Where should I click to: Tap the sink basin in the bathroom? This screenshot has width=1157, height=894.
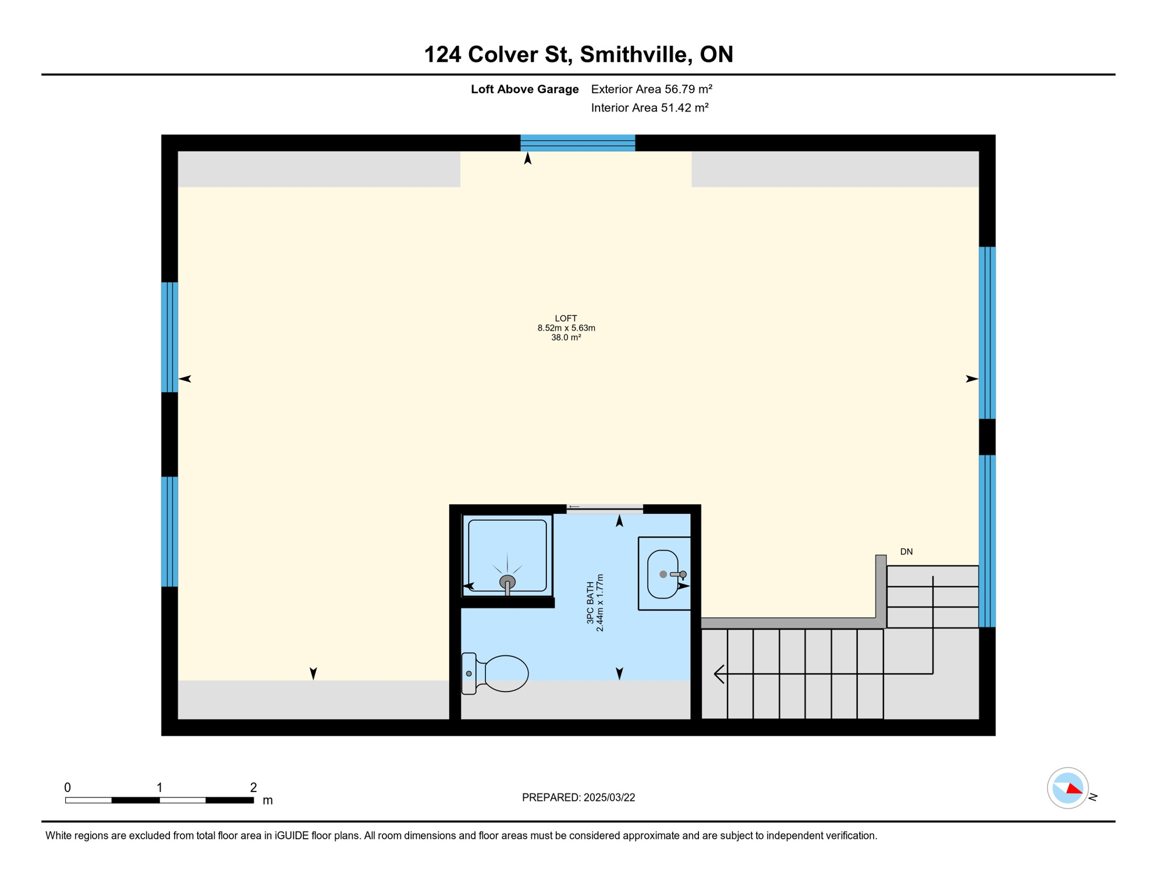click(663, 574)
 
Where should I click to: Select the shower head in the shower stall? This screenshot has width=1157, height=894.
click(507, 581)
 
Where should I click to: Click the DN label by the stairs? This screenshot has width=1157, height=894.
click(906, 552)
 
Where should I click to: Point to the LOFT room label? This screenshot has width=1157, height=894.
click(566, 318)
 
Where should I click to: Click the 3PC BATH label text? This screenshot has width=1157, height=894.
click(591, 602)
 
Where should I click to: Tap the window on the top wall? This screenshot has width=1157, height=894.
click(577, 143)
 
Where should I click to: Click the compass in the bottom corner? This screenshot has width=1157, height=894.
click(1067, 788)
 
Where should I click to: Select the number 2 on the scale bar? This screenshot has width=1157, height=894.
click(253, 787)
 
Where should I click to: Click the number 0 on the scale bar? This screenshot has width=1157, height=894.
click(68, 787)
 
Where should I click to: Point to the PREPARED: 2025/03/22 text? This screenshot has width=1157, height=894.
click(578, 797)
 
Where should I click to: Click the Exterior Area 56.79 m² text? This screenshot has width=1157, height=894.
click(651, 89)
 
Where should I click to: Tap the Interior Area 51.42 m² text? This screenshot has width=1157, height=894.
click(650, 108)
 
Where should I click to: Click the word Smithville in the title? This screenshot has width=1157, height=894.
click(636, 54)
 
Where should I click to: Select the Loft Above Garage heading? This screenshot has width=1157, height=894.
click(524, 89)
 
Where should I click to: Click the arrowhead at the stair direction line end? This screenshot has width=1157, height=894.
click(719, 674)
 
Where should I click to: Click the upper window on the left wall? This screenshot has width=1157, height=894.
click(169, 337)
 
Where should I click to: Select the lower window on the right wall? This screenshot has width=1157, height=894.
click(987, 541)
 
